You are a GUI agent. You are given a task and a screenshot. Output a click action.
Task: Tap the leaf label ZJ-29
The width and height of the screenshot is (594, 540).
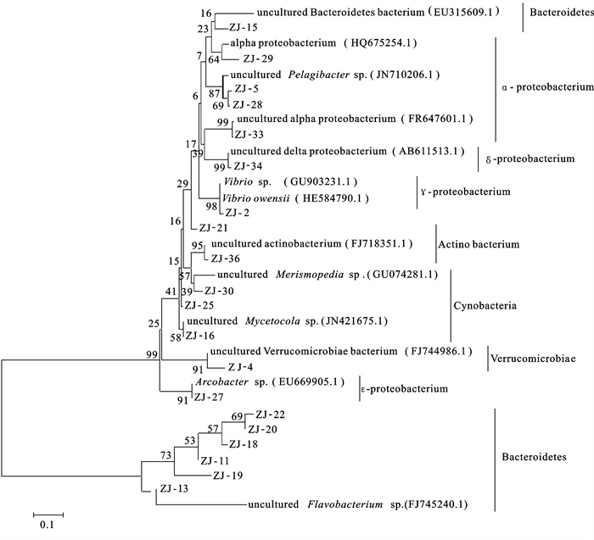click(x=255, y=58)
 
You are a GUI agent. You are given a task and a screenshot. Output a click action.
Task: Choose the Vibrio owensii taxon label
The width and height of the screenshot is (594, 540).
click(x=249, y=197)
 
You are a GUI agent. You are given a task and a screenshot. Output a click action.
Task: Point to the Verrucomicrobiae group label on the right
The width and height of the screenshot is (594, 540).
click(x=533, y=359)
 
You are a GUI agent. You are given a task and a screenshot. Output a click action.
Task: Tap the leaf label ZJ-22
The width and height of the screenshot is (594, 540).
click(x=269, y=415)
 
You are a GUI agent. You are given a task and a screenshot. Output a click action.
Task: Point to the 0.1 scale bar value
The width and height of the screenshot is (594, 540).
click(x=48, y=525)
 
